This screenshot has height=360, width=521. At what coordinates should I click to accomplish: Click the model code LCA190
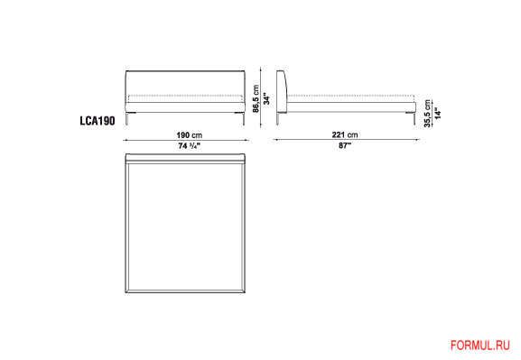pyautogui.click(x=98, y=121)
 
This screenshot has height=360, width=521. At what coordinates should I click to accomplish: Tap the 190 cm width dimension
pyautogui.click(x=189, y=135)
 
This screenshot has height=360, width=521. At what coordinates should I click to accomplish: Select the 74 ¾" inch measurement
pyautogui.click(x=189, y=146)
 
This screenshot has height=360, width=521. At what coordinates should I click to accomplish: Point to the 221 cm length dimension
pyautogui.click(x=345, y=134)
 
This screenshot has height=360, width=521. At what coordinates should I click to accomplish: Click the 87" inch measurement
pyautogui.click(x=345, y=145)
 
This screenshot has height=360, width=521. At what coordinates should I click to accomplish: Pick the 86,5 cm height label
pyautogui.click(x=256, y=99)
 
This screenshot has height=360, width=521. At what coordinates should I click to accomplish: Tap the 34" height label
pyautogui.click(x=266, y=98)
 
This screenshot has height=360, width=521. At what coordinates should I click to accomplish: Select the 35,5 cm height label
pyautogui.click(x=427, y=114)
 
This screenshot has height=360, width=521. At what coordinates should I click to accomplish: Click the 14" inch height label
pyautogui.click(x=438, y=114)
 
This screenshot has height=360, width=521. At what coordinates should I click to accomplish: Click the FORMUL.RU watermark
pyautogui.click(x=479, y=346)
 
